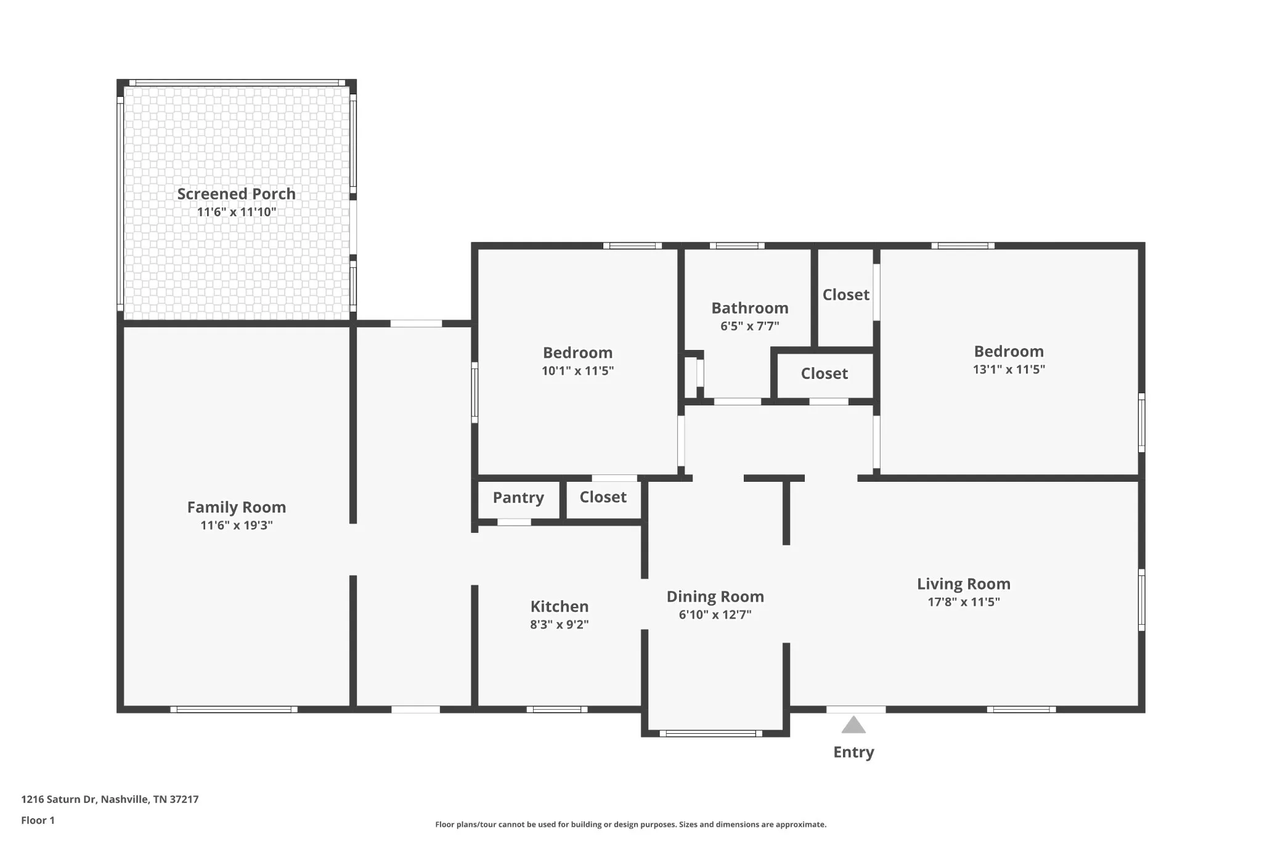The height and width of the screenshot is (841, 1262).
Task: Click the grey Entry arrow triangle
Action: [853, 725]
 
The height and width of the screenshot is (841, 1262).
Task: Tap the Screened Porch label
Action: [237, 194]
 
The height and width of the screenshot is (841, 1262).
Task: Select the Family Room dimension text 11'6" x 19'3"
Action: [237, 526]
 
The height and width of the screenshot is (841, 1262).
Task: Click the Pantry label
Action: [518, 498]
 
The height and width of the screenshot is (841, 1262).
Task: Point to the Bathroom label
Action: [750, 308]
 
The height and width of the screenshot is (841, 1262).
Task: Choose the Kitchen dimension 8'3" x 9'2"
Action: [560, 624]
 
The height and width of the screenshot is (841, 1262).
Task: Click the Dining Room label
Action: [715, 597]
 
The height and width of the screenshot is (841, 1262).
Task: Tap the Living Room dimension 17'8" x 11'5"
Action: [964, 602]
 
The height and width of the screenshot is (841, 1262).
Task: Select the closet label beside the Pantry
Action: [603, 497]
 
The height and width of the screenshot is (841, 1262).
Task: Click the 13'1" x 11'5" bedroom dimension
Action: [1009, 370]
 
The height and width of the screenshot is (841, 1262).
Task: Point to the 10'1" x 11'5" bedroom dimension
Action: [578, 371]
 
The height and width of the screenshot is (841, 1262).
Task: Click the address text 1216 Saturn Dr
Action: [59, 800]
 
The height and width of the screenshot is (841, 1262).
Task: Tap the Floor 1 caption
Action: [38, 821]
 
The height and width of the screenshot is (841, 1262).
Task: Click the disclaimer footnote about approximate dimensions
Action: [631, 824]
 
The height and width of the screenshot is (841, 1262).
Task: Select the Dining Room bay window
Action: [711, 733]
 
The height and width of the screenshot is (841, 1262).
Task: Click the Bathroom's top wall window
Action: [737, 246]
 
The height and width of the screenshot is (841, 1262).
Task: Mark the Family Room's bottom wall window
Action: [234, 710]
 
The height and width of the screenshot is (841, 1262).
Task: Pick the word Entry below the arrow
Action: [854, 752]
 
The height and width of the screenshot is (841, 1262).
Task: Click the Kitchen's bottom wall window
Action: [557, 710]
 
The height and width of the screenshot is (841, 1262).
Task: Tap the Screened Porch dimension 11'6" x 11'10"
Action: [237, 213]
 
